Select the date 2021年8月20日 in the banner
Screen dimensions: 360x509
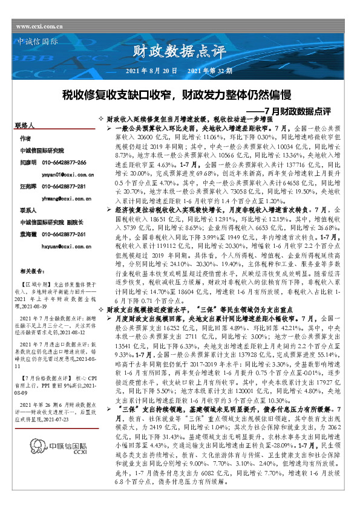click(151, 71)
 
